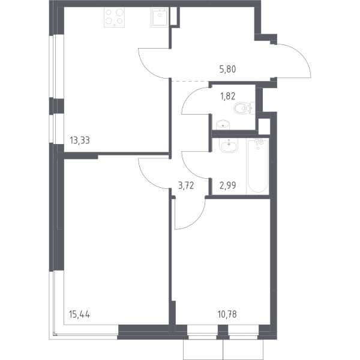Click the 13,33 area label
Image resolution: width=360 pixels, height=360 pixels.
click(x=80, y=140)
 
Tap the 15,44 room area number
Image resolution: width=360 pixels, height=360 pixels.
click(x=79, y=314)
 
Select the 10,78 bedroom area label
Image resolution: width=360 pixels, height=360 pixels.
click(x=227, y=314)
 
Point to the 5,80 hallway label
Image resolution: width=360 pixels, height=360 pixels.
click(x=227, y=69)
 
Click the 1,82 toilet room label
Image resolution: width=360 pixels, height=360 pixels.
click(x=228, y=96)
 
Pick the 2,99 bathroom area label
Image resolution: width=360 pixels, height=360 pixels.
click(x=228, y=185)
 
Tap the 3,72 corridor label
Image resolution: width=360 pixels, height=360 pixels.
click(x=186, y=185)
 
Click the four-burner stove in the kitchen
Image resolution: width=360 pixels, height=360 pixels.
click(x=114, y=17)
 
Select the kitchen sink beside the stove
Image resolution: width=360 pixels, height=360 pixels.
click(x=160, y=17)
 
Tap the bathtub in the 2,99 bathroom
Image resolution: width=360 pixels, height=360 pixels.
click(x=258, y=166)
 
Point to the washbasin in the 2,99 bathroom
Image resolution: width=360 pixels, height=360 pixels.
click(x=229, y=145)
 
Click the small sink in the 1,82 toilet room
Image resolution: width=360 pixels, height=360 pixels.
click(x=223, y=125)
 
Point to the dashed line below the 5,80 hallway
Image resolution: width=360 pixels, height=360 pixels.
click(x=190, y=81)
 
